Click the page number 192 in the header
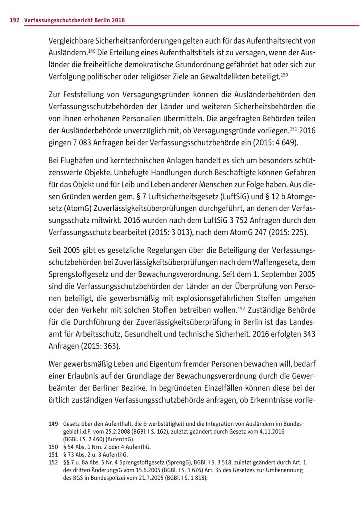click(x=14, y=20)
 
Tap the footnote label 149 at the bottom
click(x=53, y=423)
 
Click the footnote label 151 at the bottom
click(x=53, y=454)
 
